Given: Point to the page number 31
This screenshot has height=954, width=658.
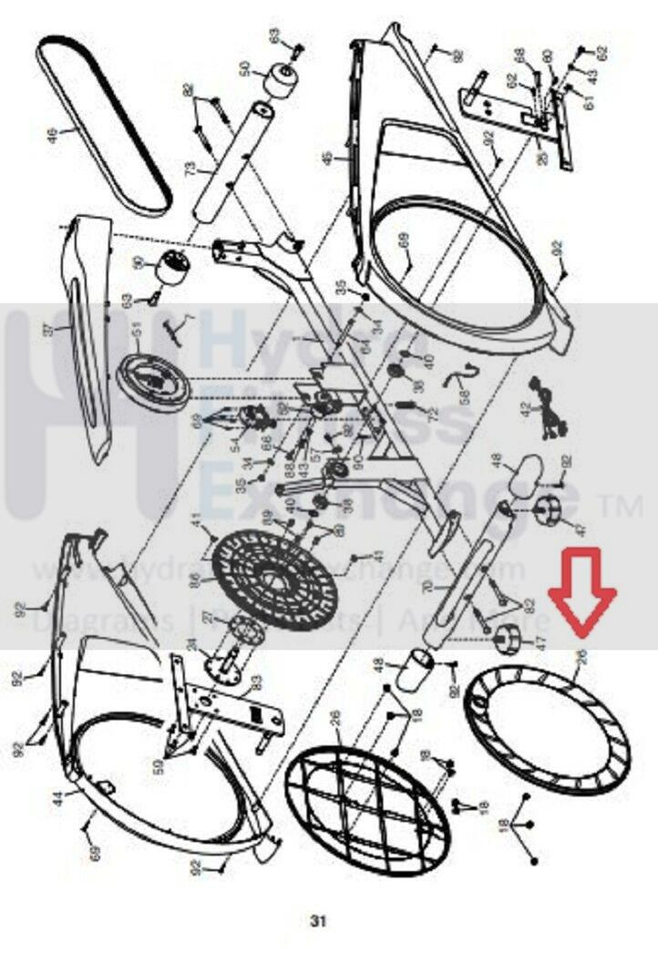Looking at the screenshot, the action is (x=317, y=921).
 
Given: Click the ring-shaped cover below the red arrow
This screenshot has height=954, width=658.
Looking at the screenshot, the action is (x=547, y=729).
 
